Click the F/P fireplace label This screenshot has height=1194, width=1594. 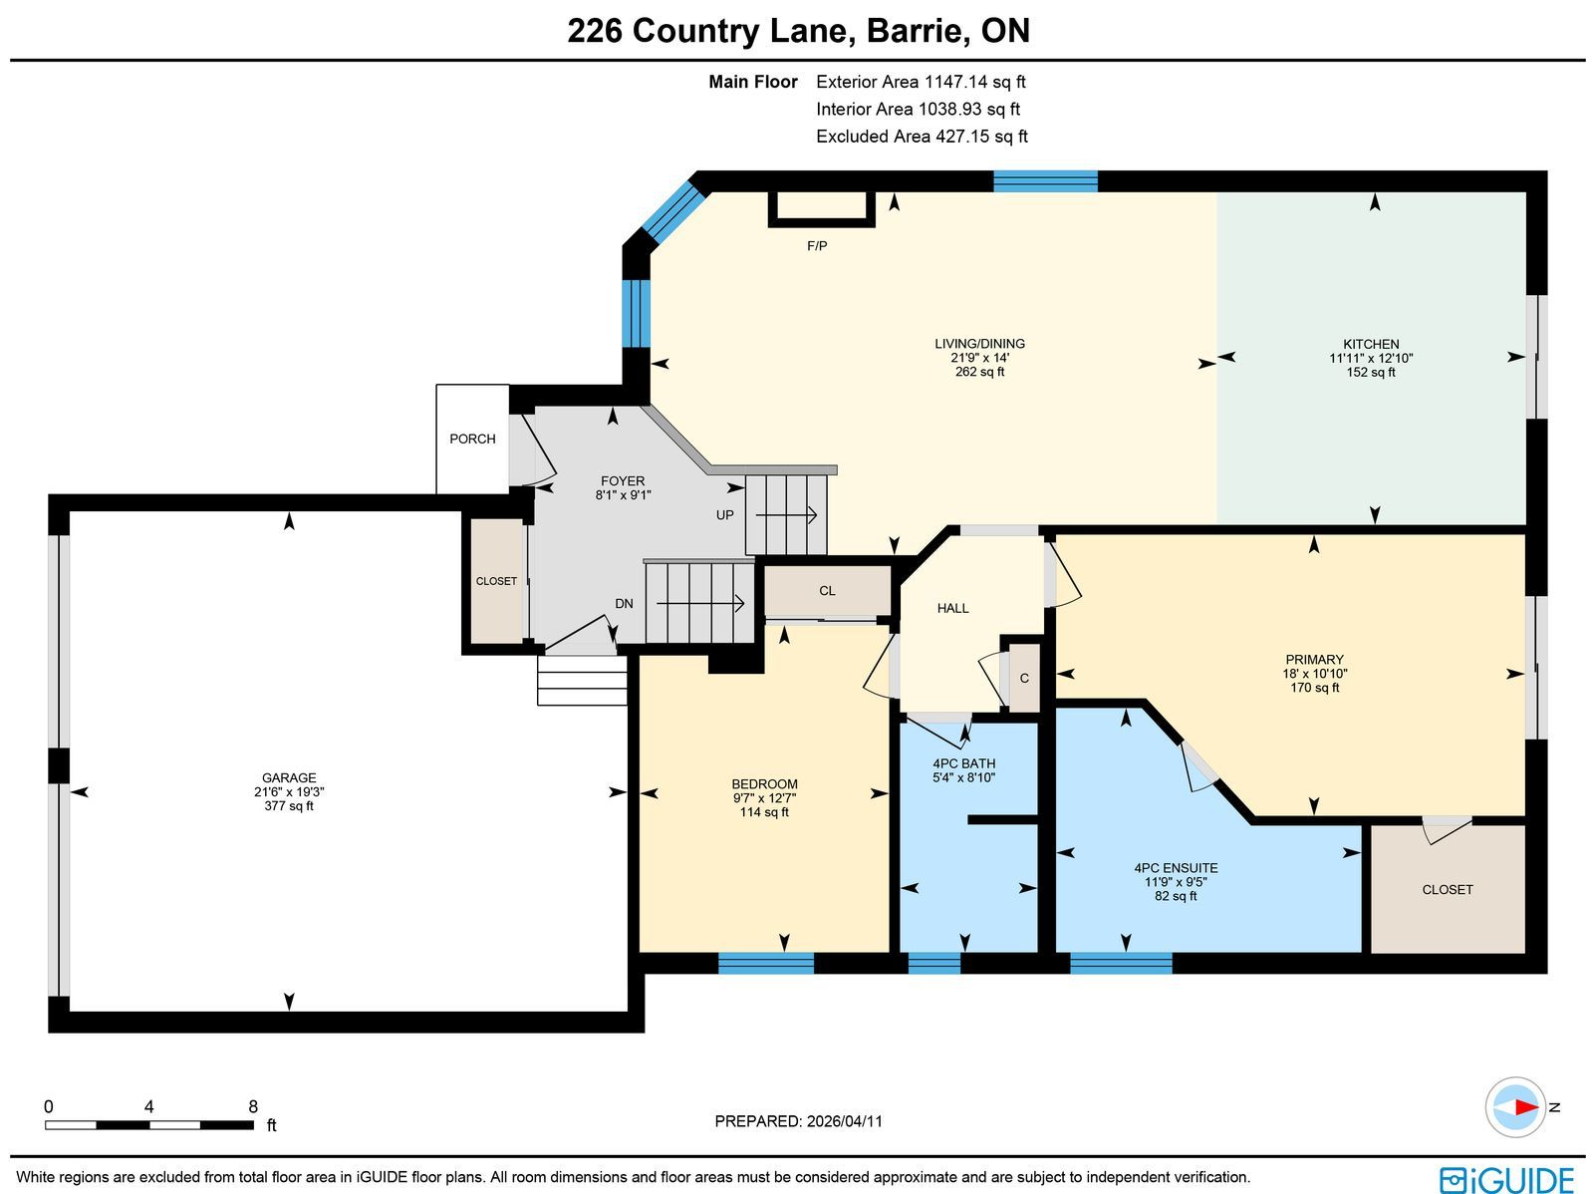point(817,246)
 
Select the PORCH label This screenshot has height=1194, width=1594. point(472,439)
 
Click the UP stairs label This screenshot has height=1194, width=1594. point(724,515)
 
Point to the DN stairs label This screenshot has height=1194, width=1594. point(624,604)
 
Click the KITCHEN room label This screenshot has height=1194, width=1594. point(1371,344)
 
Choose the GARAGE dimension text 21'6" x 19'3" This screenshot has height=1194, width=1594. point(289,791)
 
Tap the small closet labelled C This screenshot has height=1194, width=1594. point(1024,678)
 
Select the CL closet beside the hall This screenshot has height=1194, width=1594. point(827,591)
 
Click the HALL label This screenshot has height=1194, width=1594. point(952,609)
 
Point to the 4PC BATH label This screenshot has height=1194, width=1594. point(963,763)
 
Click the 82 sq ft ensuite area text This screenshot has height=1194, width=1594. point(1176,895)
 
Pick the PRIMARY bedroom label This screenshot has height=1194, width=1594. point(1314,660)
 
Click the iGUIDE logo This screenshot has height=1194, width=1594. point(1507,1179)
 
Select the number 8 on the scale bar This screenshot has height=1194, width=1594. point(253,1106)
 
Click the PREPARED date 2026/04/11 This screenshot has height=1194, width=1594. point(845,1121)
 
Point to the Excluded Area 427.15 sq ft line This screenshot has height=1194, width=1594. point(922,137)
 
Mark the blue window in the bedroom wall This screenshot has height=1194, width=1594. point(766,964)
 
